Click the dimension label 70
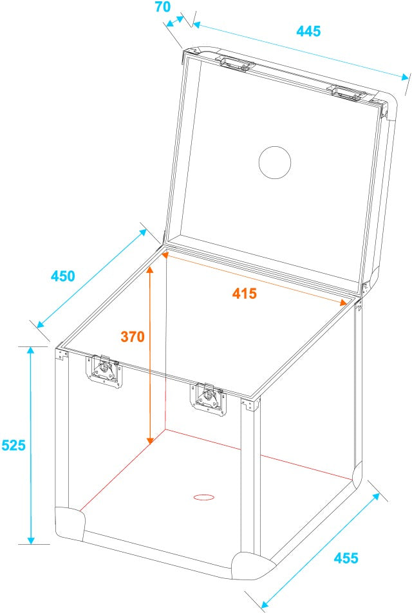pos(162,8)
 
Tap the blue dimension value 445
pos(308,30)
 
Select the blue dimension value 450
pos(63,276)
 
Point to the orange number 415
pos(245,294)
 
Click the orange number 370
pos(133,336)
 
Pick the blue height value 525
pos(13,445)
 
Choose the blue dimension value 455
pos(346,558)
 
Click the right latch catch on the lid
pos(346,93)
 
